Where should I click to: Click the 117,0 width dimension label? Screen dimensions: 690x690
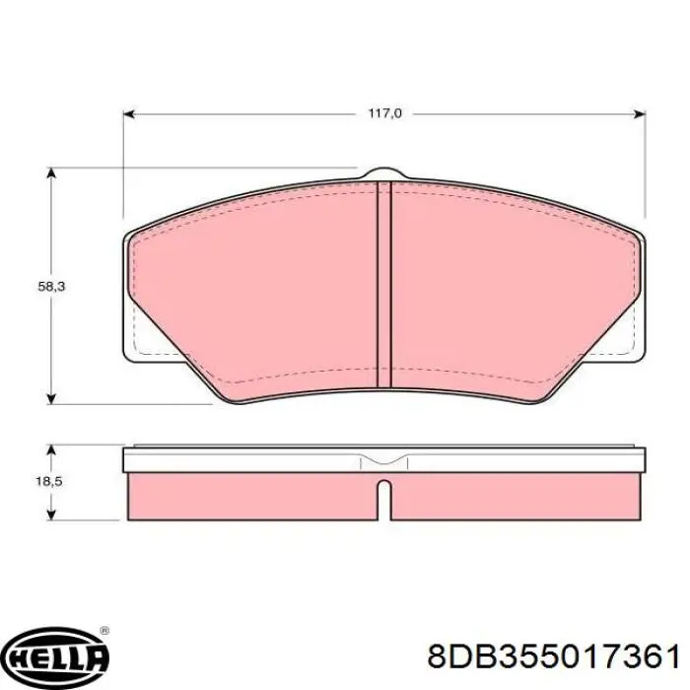tap(384, 113)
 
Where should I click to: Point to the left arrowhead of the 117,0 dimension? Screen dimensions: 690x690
tap(129, 113)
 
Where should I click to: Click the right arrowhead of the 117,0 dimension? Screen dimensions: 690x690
tap(641, 113)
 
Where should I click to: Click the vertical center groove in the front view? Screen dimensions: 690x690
tap(384, 286)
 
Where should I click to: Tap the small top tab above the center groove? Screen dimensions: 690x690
tap(384, 174)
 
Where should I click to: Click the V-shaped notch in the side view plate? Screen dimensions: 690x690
tap(384, 460)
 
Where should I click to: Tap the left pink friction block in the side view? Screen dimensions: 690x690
tap(251, 497)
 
